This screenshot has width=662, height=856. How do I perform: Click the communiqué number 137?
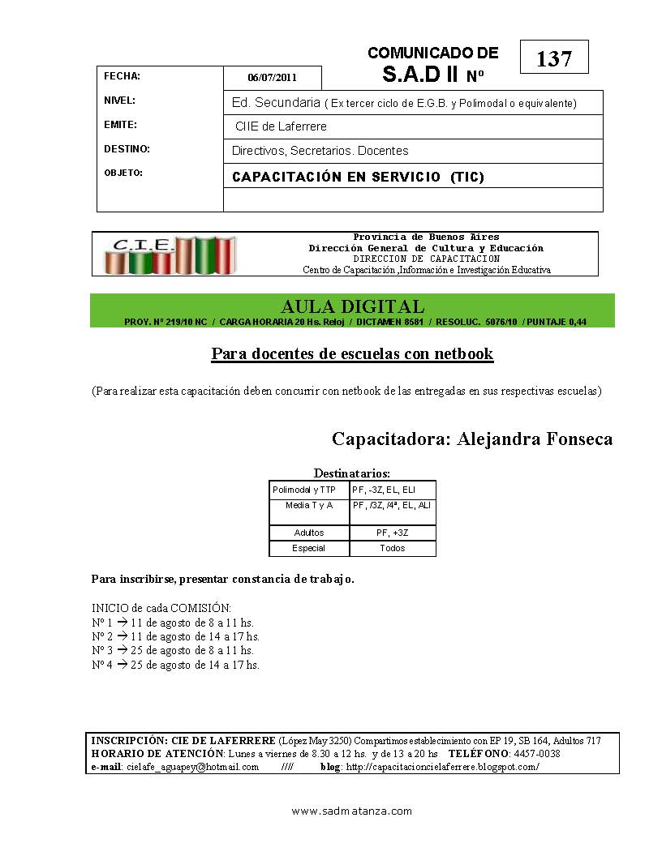pos(554,59)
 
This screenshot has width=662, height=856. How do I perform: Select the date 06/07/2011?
pos(273,79)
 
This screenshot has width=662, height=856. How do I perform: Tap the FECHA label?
pos(123,76)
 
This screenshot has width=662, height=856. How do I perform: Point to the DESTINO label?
pos(127,149)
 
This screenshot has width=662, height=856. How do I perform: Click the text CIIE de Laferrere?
pos(281,127)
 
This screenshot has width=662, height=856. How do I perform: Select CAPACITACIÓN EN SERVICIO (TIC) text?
pos(358,177)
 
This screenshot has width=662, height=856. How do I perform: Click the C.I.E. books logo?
pos(171,254)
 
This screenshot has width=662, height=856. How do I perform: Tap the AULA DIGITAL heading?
pos(352,306)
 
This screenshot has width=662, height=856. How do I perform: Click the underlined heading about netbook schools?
pos(352,354)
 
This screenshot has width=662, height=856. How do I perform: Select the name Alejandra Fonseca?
pos(535,439)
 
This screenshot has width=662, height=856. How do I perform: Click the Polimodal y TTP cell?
pos(304,490)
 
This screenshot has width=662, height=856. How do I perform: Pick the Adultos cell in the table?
pos(309,533)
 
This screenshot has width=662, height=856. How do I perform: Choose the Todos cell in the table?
pos(393,549)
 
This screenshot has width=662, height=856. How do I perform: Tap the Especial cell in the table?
pos(309,549)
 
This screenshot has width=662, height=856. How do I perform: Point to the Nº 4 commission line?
pos(175,665)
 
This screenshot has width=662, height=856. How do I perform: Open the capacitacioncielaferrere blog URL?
pos(442,767)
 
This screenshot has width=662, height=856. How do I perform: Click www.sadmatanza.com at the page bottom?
pos(352,811)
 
